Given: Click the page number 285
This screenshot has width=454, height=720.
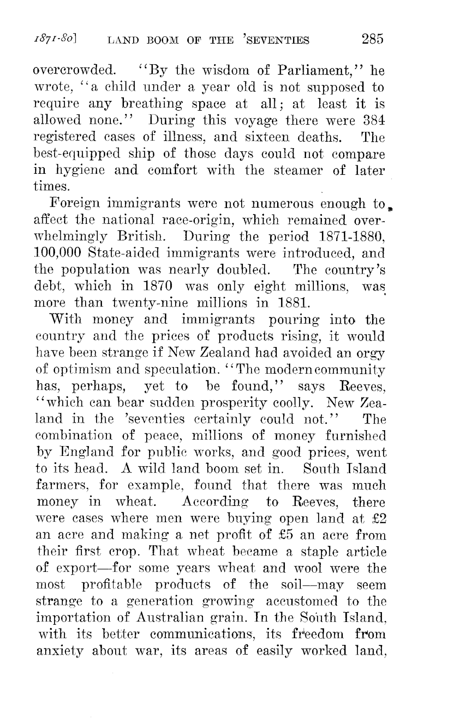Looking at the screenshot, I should pos(372,39).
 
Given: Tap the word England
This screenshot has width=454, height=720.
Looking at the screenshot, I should pos(81,452).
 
